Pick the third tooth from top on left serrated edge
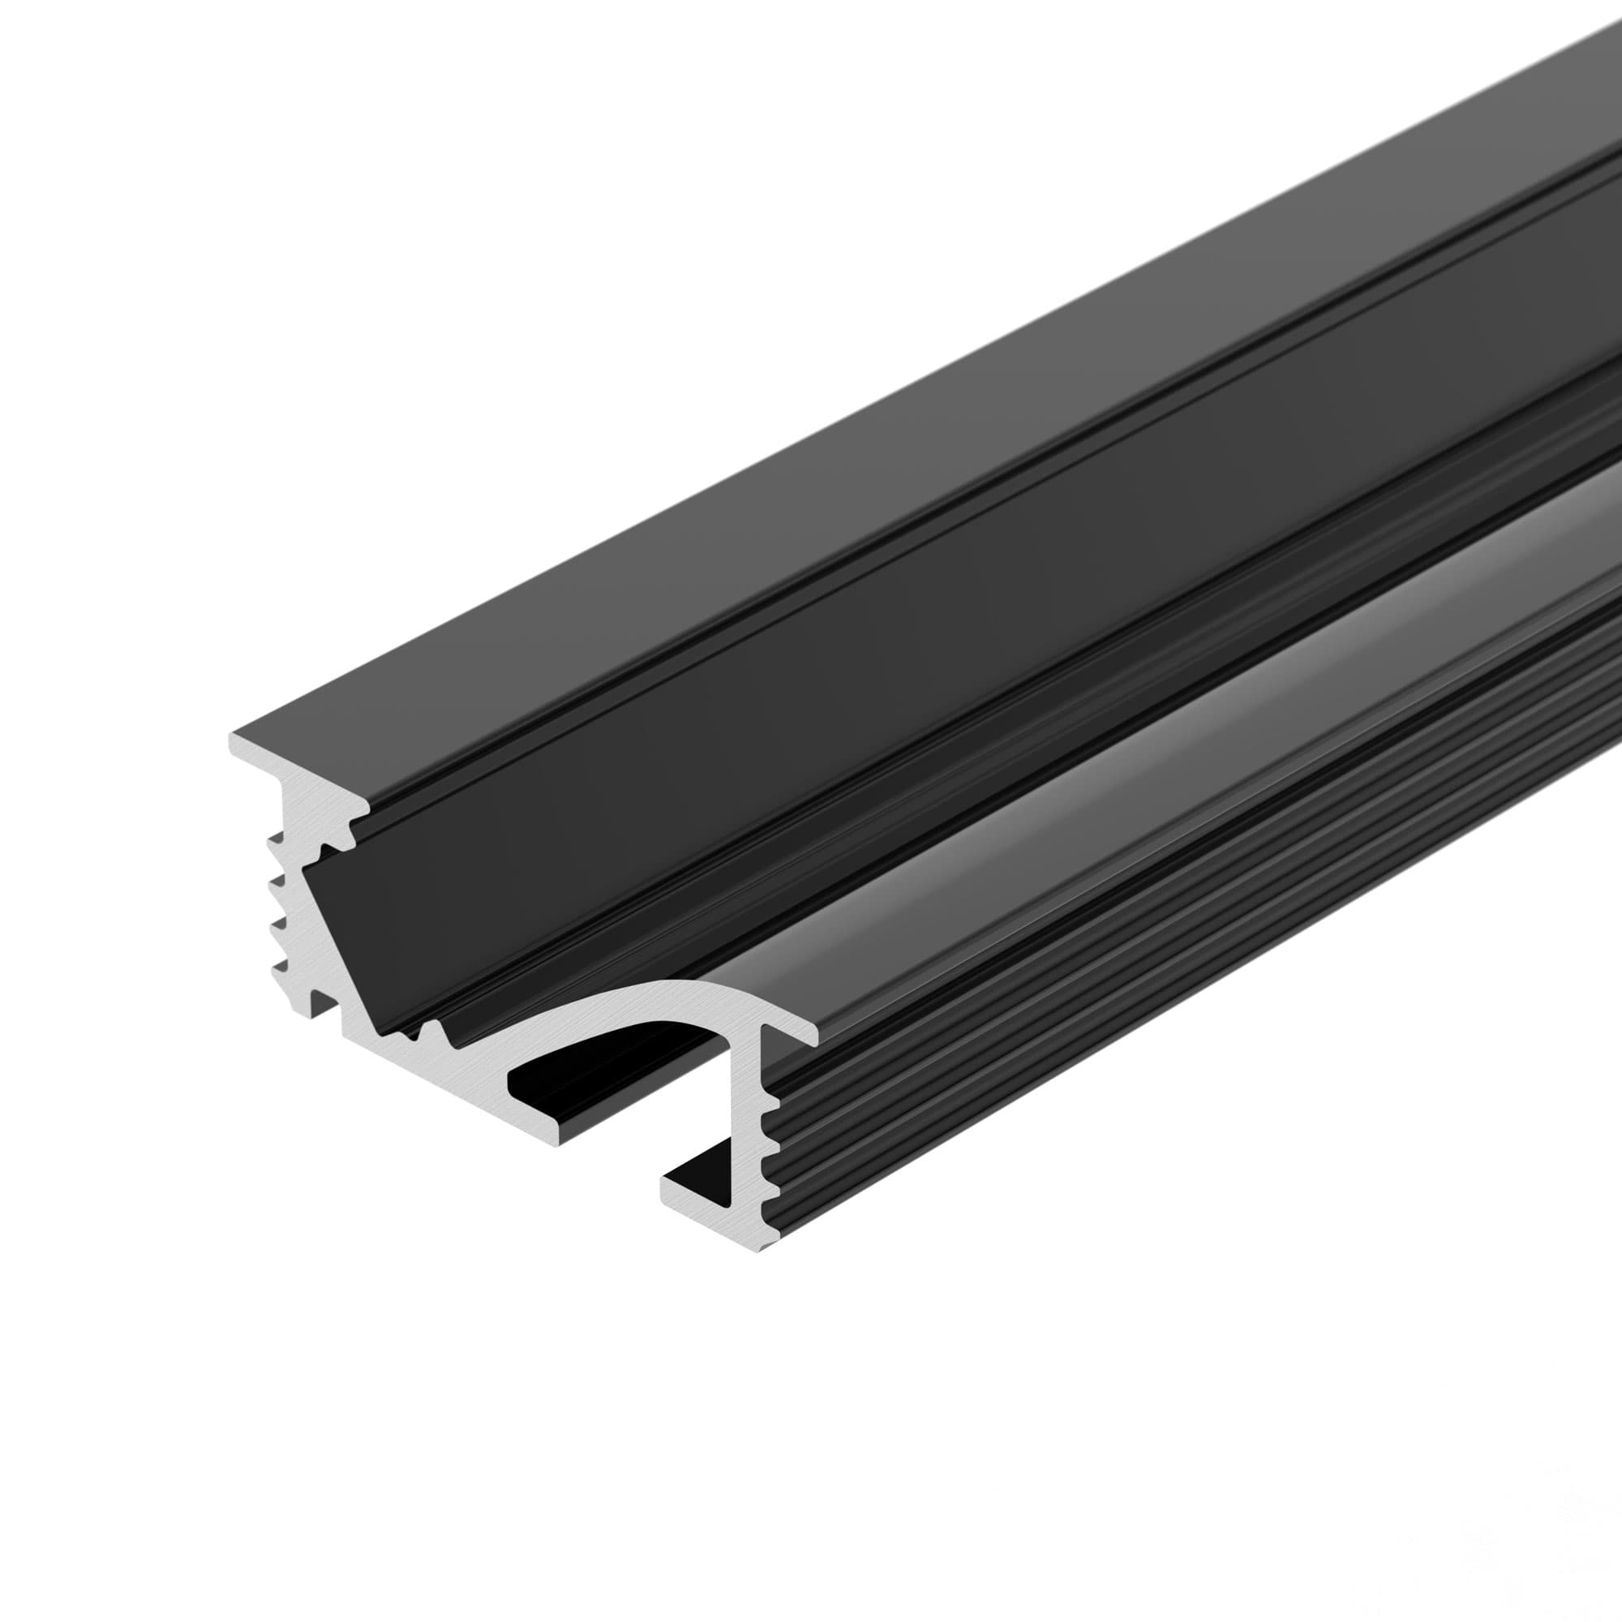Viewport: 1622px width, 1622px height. point(276,926)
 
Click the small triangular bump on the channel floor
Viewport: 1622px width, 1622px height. point(432,1032)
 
